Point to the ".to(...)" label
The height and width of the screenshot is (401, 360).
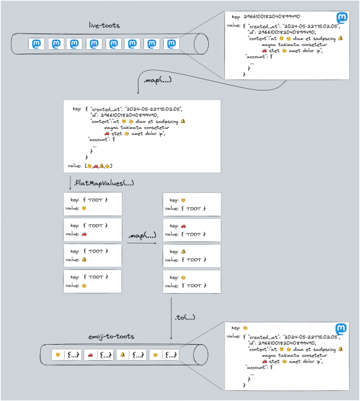click(184, 316)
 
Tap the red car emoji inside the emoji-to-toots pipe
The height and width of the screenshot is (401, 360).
click(90, 355)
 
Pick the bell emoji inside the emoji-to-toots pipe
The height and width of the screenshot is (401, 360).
click(122, 355)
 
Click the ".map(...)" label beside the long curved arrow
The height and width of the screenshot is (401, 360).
click(156, 80)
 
